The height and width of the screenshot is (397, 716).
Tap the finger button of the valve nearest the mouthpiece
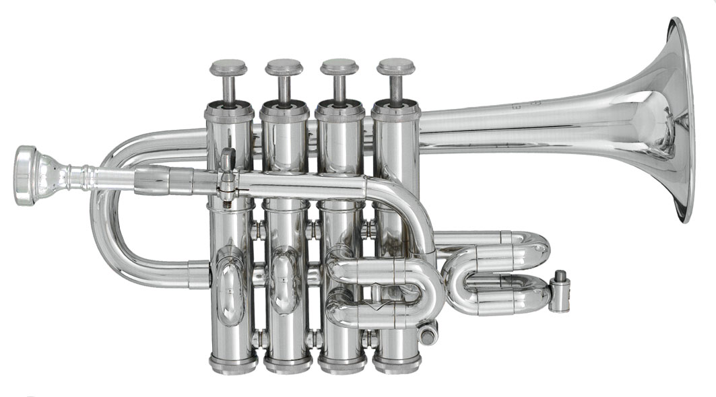click(228, 68)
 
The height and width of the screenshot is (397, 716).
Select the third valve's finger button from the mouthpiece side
click(339, 67)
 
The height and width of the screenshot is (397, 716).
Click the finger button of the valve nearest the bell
click(395, 67)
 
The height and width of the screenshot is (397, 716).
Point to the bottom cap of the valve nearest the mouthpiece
click(232, 364)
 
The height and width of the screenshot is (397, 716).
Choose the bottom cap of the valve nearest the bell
click(397, 364)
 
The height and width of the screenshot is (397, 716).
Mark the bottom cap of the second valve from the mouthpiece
click(288, 364)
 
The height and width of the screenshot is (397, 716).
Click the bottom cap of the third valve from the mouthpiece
click(342, 364)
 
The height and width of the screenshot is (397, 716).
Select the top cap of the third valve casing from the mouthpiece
click(339, 111)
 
